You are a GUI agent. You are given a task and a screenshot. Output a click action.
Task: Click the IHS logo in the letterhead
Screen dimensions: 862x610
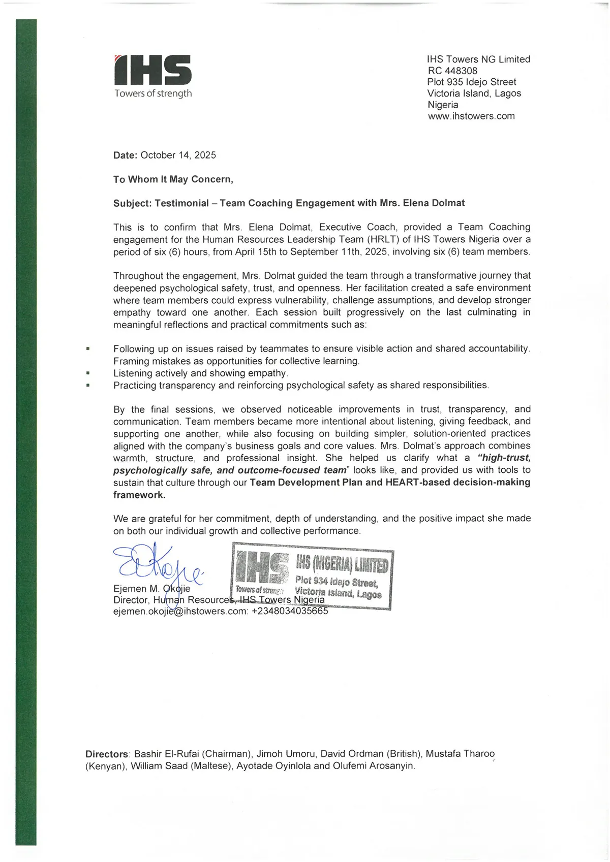click(153, 70)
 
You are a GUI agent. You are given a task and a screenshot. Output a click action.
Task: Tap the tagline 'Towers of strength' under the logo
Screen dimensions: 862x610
click(153, 93)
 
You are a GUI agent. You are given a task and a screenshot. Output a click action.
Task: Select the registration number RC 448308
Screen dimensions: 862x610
click(452, 71)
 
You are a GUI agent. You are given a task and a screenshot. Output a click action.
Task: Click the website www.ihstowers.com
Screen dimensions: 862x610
click(471, 116)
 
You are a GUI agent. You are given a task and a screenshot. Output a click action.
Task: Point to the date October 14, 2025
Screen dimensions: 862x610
click(178, 155)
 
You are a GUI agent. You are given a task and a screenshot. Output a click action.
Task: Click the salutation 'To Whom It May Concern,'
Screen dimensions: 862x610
click(173, 179)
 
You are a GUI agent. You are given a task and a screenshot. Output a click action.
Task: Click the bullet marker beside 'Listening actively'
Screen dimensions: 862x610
click(88, 373)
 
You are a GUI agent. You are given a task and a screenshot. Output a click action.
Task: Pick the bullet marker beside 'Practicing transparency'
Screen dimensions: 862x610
click(88, 386)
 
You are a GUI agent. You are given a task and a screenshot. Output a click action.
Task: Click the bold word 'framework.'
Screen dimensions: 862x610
click(139, 495)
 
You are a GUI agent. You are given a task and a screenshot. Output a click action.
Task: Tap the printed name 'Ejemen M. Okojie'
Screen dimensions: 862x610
click(151, 589)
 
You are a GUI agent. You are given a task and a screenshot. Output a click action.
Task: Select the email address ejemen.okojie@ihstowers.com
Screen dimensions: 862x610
click(180, 612)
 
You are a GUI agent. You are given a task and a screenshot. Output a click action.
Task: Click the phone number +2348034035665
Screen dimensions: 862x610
click(290, 612)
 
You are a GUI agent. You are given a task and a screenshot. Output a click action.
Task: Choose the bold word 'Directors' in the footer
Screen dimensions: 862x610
click(107, 754)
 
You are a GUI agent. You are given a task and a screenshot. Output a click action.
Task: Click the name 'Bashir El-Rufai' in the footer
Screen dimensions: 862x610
click(166, 754)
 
